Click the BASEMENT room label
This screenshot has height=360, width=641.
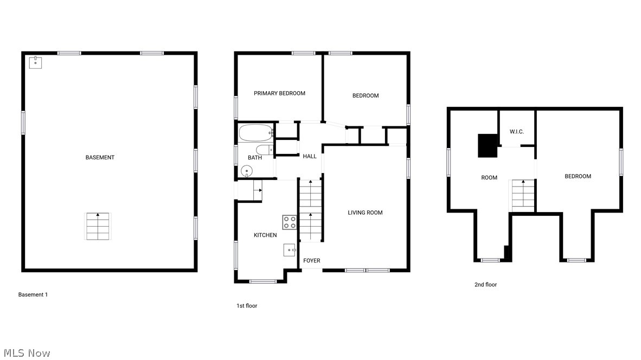point(100,157)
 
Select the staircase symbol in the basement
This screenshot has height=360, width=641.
point(98,226)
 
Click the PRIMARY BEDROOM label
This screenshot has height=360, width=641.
point(279,93)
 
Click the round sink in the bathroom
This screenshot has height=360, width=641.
point(247,172)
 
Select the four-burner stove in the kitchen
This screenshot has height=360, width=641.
point(290,222)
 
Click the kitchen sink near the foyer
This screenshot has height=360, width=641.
point(290,250)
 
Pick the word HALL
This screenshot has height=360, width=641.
point(310,156)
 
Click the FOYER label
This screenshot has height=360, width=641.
point(311,261)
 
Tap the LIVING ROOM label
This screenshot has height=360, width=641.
point(365,213)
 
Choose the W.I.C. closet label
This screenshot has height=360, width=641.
point(516,132)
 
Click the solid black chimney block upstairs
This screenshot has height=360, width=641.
point(488,145)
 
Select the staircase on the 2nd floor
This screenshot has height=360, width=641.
point(523,195)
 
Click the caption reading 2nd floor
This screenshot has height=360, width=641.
point(485,285)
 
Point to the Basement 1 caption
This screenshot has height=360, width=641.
point(33,294)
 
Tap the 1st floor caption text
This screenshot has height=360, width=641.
point(247,306)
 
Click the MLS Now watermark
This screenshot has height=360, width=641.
point(25,353)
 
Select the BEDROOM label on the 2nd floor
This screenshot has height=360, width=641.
point(578,176)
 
